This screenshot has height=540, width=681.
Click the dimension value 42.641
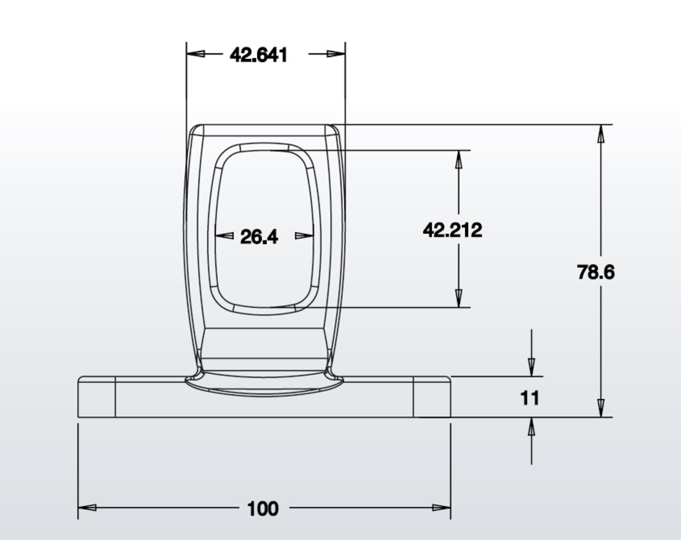(x=258, y=55)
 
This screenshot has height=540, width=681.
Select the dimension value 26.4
(x=259, y=237)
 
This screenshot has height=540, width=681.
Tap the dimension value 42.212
(x=453, y=230)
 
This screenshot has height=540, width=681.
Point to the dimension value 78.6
(x=596, y=272)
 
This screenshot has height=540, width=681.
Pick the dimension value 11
(x=529, y=398)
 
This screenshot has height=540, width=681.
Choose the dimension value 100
(x=263, y=509)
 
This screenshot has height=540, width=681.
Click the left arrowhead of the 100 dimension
(x=87, y=507)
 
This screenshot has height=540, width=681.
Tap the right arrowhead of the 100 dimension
(x=442, y=507)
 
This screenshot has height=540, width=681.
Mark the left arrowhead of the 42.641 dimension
(x=196, y=54)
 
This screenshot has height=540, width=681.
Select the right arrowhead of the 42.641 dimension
(x=336, y=54)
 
